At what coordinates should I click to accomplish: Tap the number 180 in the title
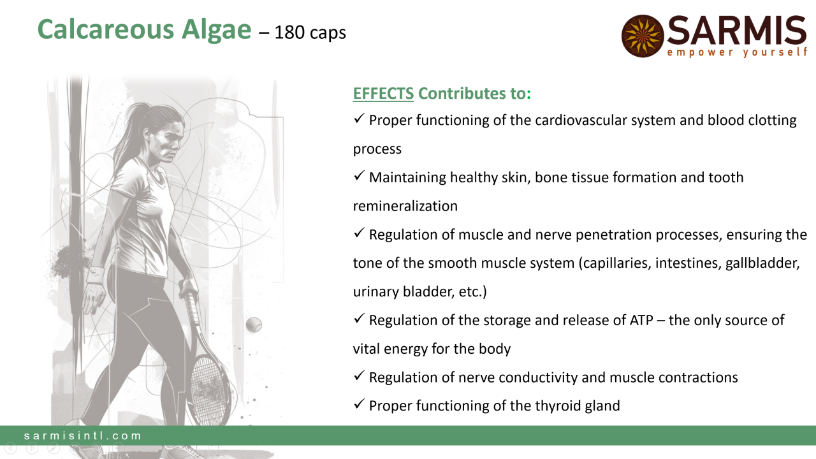(289, 33)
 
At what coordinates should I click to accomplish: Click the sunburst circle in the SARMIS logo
(643, 36)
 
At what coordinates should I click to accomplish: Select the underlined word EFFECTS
(383, 93)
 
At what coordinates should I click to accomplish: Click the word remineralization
(405, 206)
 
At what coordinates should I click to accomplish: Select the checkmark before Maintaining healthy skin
(359, 176)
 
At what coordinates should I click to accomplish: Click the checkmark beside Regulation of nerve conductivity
(359, 376)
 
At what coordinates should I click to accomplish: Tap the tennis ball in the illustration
(254, 324)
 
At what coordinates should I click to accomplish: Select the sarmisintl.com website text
(83, 435)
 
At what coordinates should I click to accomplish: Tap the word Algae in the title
(216, 30)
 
